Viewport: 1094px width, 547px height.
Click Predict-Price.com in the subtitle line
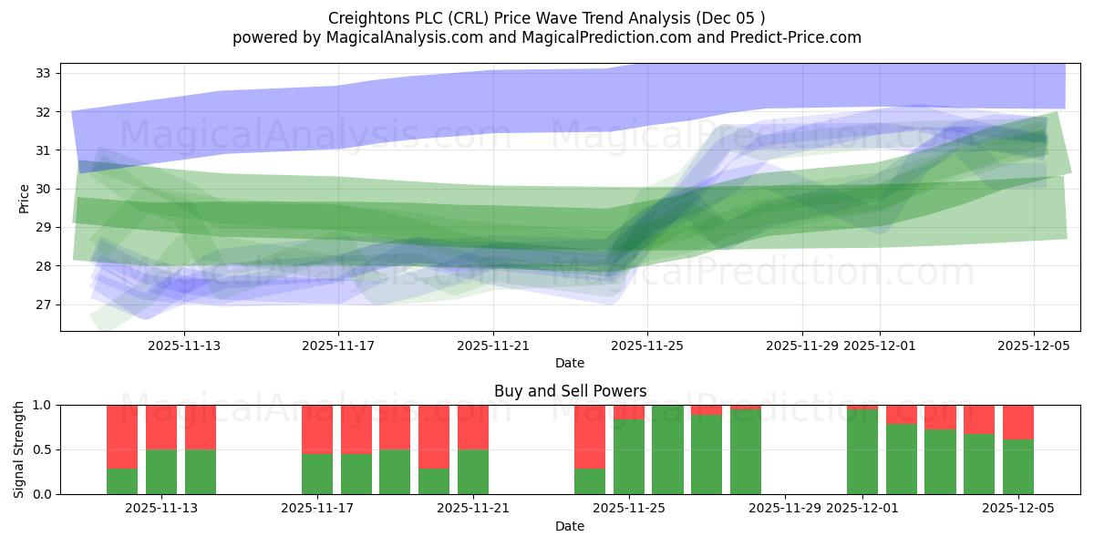coord(792,37)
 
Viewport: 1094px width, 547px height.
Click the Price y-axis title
coord(24,197)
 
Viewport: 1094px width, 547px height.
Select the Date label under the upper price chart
coord(570,363)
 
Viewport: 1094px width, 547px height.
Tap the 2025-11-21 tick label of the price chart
coord(493,346)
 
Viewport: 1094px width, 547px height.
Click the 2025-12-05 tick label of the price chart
coord(1033,346)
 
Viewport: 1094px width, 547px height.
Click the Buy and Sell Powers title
coord(570,391)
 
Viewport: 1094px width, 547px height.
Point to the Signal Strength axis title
coord(19,449)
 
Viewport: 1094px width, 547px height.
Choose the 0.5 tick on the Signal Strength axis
coord(44,449)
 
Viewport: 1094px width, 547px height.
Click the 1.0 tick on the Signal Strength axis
coord(44,405)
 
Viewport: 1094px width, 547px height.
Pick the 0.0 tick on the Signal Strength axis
coord(44,494)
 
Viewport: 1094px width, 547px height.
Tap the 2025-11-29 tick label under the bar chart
coord(785,509)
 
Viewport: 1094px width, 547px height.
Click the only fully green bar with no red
coord(667,449)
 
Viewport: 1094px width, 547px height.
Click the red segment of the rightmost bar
coord(1017,421)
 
